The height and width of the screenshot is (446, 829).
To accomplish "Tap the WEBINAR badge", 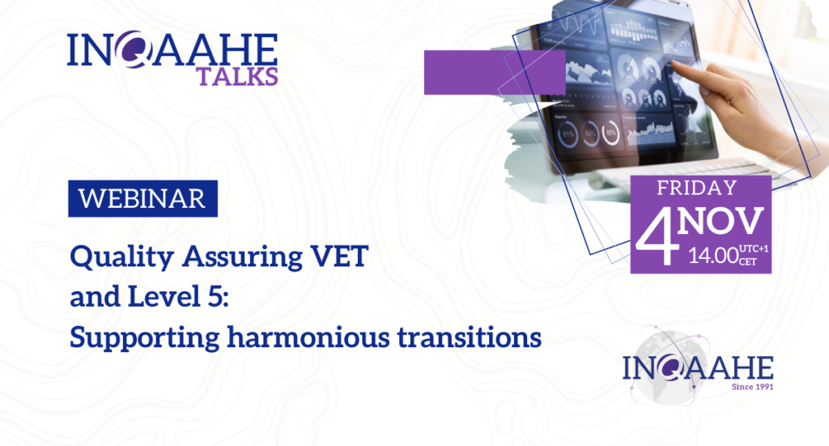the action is pos(142,198).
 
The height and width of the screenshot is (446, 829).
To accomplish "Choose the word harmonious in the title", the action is pos(308,338).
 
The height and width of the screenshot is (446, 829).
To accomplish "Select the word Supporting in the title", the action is pos(145,338).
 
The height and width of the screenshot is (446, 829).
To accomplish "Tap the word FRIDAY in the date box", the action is pos(697,188).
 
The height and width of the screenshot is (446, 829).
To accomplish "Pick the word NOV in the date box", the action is pos(721,221).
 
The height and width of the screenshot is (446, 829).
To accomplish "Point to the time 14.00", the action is pos(712,256).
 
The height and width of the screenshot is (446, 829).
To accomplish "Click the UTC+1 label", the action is pos(754,248).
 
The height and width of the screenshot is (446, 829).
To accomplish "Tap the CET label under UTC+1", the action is pos(748,261).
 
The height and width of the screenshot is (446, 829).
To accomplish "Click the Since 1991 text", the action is pos(752,387).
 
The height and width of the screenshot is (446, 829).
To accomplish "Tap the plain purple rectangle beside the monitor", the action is pos(495,72).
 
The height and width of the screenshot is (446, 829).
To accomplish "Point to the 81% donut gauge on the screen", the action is pos(568,134).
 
